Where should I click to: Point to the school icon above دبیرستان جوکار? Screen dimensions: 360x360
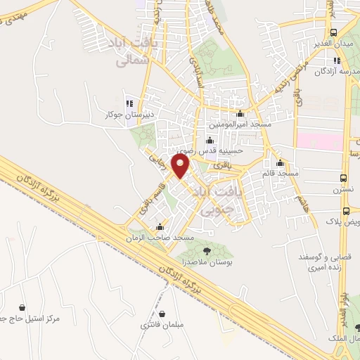128,100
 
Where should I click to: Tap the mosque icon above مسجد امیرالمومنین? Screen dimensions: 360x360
240,113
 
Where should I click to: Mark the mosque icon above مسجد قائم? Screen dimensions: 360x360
280,162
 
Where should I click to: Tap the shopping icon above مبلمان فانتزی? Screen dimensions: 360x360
162,314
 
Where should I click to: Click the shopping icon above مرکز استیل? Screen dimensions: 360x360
23,307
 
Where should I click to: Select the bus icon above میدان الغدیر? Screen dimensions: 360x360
333,32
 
